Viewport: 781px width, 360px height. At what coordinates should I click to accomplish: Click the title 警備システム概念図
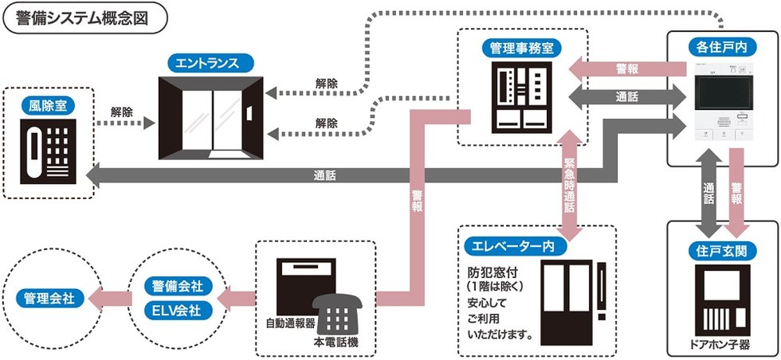pos(85,18)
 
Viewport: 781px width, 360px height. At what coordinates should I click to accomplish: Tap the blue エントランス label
pos(210,65)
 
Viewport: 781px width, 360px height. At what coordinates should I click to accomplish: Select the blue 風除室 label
pos(49,104)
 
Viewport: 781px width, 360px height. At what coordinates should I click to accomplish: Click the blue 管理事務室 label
pos(522,48)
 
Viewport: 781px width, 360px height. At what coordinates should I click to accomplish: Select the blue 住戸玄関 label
pos(723,252)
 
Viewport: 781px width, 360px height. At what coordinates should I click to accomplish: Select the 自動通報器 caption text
pos(291,325)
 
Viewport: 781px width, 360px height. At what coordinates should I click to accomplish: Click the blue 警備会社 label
pos(177,284)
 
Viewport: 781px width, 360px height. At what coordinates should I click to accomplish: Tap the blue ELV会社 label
pos(177,310)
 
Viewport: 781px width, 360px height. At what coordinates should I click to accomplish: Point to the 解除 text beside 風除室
pos(122,112)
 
